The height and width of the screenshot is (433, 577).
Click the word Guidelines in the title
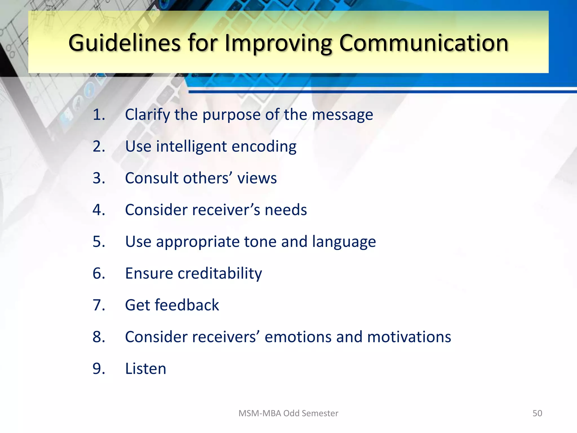(124, 43)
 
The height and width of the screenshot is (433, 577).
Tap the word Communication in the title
(423, 43)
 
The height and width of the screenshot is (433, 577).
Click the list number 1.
(99, 115)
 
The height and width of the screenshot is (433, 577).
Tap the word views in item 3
(257, 178)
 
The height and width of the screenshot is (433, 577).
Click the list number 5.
(99, 242)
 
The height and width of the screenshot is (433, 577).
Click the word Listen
(146, 369)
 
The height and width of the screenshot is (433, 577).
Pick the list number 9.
(99, 369)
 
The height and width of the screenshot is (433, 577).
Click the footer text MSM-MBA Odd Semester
(288, 413)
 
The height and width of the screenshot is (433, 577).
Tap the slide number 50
(537, 413)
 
